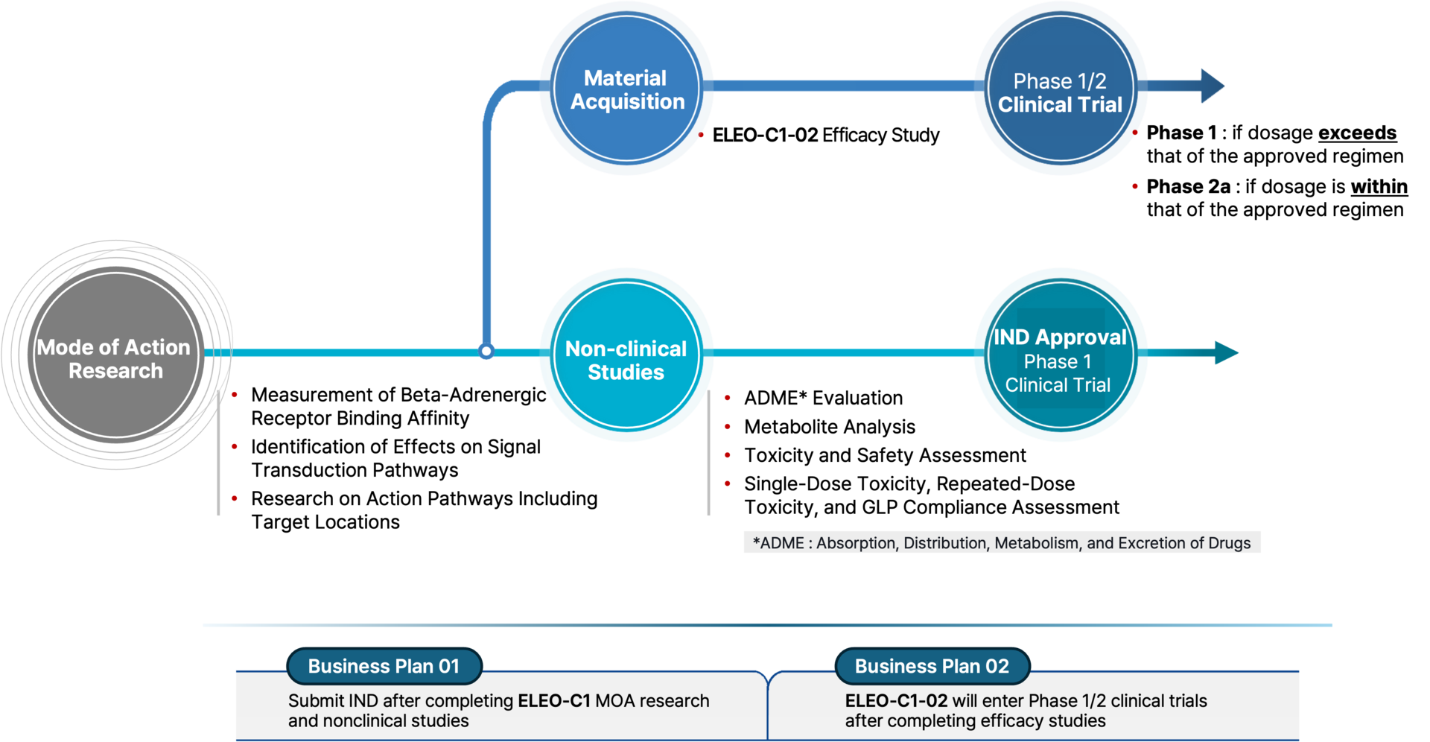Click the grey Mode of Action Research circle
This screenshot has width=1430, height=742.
click(x=116, y=355)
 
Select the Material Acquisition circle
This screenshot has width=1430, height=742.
click(x=626, y=87)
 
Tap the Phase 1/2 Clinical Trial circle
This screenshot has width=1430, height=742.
click(x=1060, y=87)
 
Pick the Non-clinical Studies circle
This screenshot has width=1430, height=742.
click(x=626, y=355)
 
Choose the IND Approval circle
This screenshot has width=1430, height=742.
click(x=1060, y=355)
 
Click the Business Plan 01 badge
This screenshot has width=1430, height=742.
click(x=384, y=666)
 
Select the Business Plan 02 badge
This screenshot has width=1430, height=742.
click(x=932, y=666)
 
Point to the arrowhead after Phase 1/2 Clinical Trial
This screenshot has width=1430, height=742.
click(x=1212, y=86)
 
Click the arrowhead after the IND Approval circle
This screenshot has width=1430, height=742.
click(x=1226, y=352)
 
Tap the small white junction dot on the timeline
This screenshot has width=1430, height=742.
click(x=486, y=351)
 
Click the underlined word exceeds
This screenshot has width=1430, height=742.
click(x=1357, y=133)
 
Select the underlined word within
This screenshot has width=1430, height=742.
click(x=1379, y=186)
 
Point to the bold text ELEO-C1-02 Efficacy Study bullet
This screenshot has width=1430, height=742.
click(x=826, y=135)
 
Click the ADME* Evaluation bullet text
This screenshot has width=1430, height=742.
click(x=823, y=398)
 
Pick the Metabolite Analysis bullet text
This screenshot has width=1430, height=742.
click(x=830, y=427)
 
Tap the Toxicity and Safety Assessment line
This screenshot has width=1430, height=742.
click(x=885, y=455)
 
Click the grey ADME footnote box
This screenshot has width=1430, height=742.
click(x=1002, y=542)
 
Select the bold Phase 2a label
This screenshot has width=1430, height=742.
click(x=1188, y=186)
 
